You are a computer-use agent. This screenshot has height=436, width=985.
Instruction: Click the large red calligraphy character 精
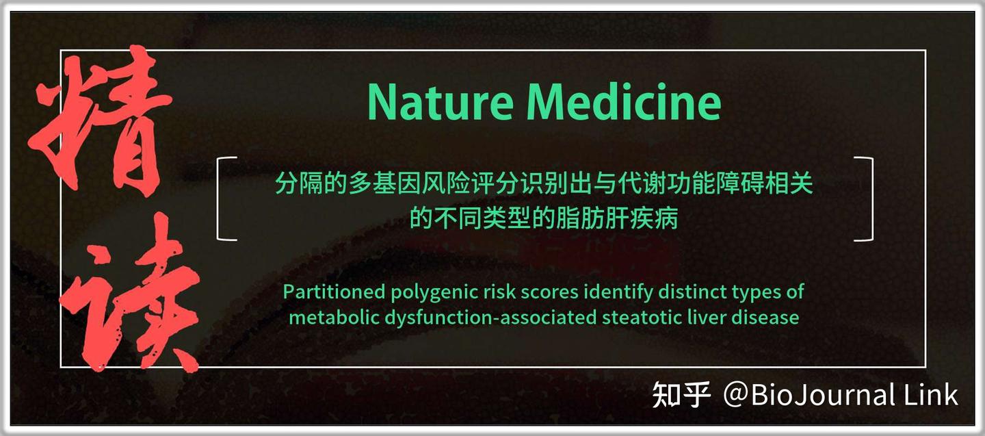[x=103, y=123]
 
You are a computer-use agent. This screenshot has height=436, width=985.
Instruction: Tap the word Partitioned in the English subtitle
[x=334, y=292]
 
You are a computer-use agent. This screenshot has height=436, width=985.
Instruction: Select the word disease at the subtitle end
[x=769, y=318]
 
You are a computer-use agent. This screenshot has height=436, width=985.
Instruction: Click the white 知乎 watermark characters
[x=681, y=396]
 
